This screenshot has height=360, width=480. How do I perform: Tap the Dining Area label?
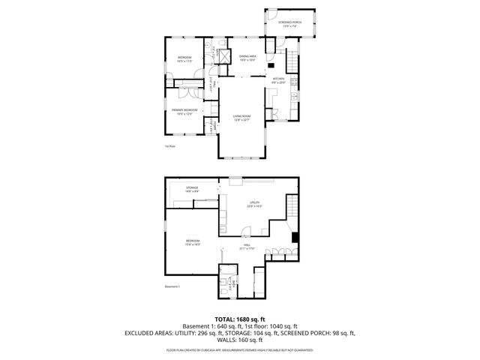[x=248, y=57]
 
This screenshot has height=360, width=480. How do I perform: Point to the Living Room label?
[x=241, y=117]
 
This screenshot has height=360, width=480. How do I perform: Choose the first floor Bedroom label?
[x=184, y=59]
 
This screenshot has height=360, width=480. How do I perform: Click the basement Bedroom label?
[x=193, y=241]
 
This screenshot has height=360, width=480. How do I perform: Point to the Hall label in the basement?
[x=247, y=247]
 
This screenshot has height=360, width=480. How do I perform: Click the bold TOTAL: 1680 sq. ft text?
[x=239, y=319]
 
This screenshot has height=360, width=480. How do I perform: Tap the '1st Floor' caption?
[x=170, y=146]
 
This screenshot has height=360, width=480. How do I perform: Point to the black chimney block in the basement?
[x=295, y=238]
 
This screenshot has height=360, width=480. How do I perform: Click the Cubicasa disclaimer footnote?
[x=239, y=349]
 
